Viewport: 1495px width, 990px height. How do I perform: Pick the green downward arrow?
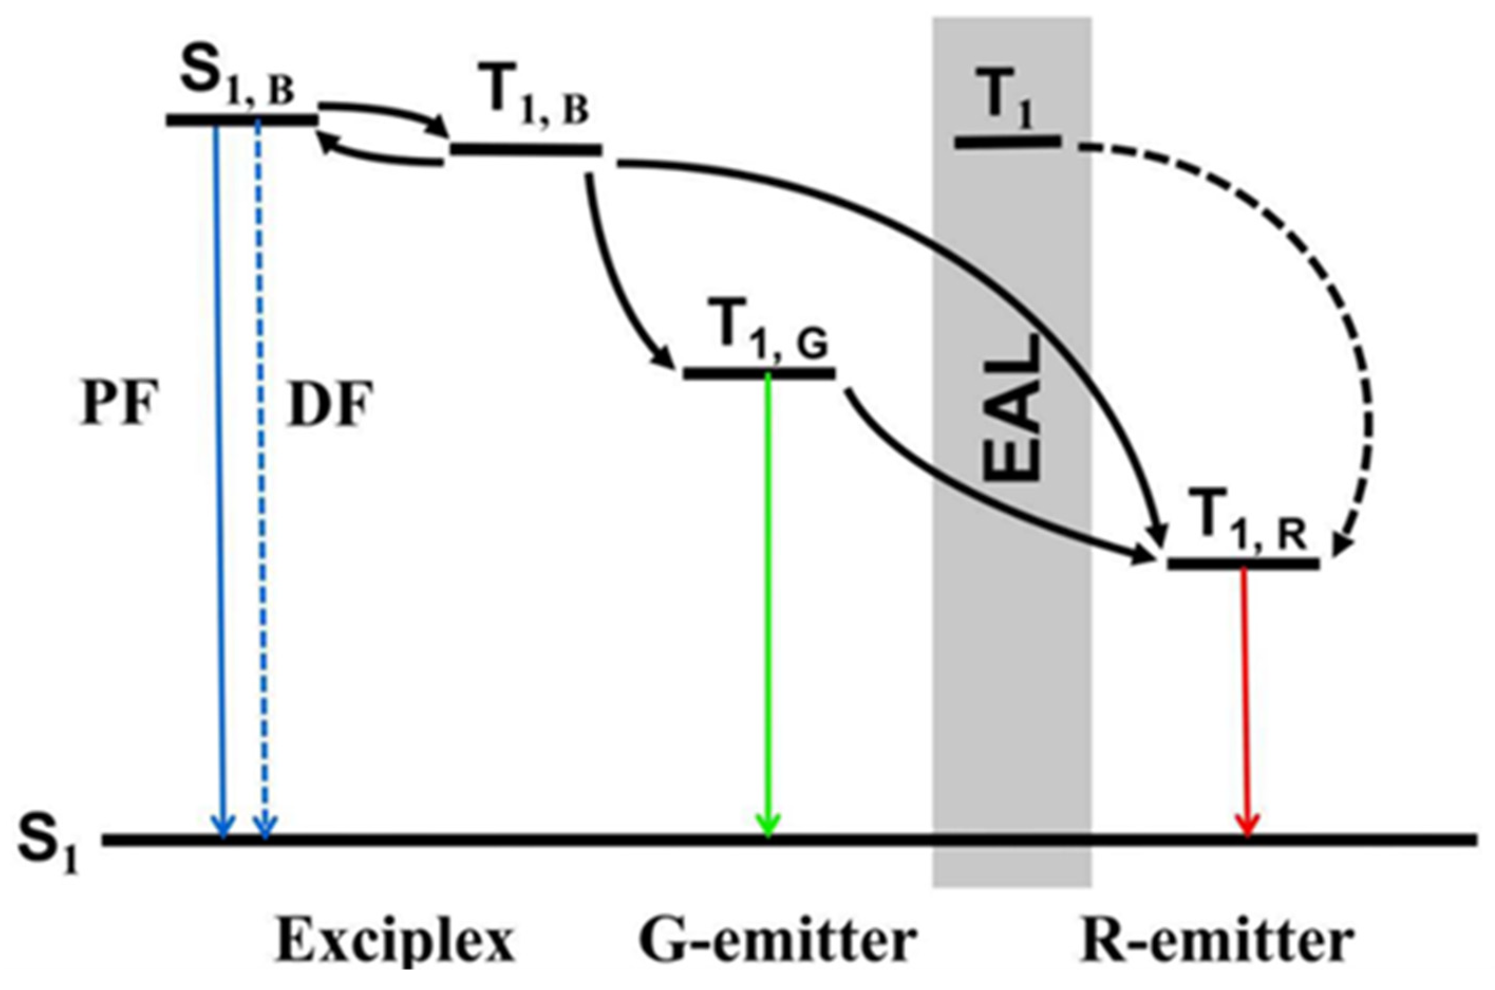tap(768, 600)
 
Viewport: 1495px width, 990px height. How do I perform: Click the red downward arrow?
tap(1245, 694)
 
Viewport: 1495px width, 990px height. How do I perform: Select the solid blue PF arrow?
tap(220, 474)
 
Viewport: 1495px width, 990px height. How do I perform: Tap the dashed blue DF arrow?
tap(261, 474)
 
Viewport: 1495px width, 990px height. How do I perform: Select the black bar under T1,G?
tap(759, 374)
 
